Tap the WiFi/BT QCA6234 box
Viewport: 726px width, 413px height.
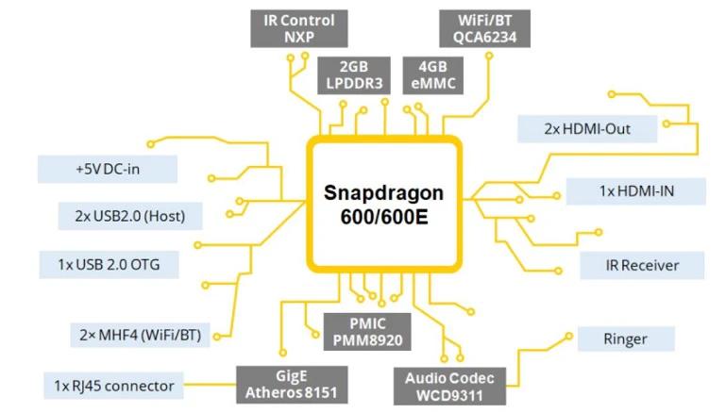(x=484, y=27)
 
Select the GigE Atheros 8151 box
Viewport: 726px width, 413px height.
(x=292, y=385)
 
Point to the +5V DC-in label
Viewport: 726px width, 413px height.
(x=107, y=170)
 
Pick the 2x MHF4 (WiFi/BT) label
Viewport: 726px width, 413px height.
(x=141, y=334)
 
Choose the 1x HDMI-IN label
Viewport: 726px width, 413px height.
(x=635, y=190)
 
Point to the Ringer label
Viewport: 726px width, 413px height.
(x=626, y=339)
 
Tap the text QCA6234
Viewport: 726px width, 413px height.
(x=484, y=38)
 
